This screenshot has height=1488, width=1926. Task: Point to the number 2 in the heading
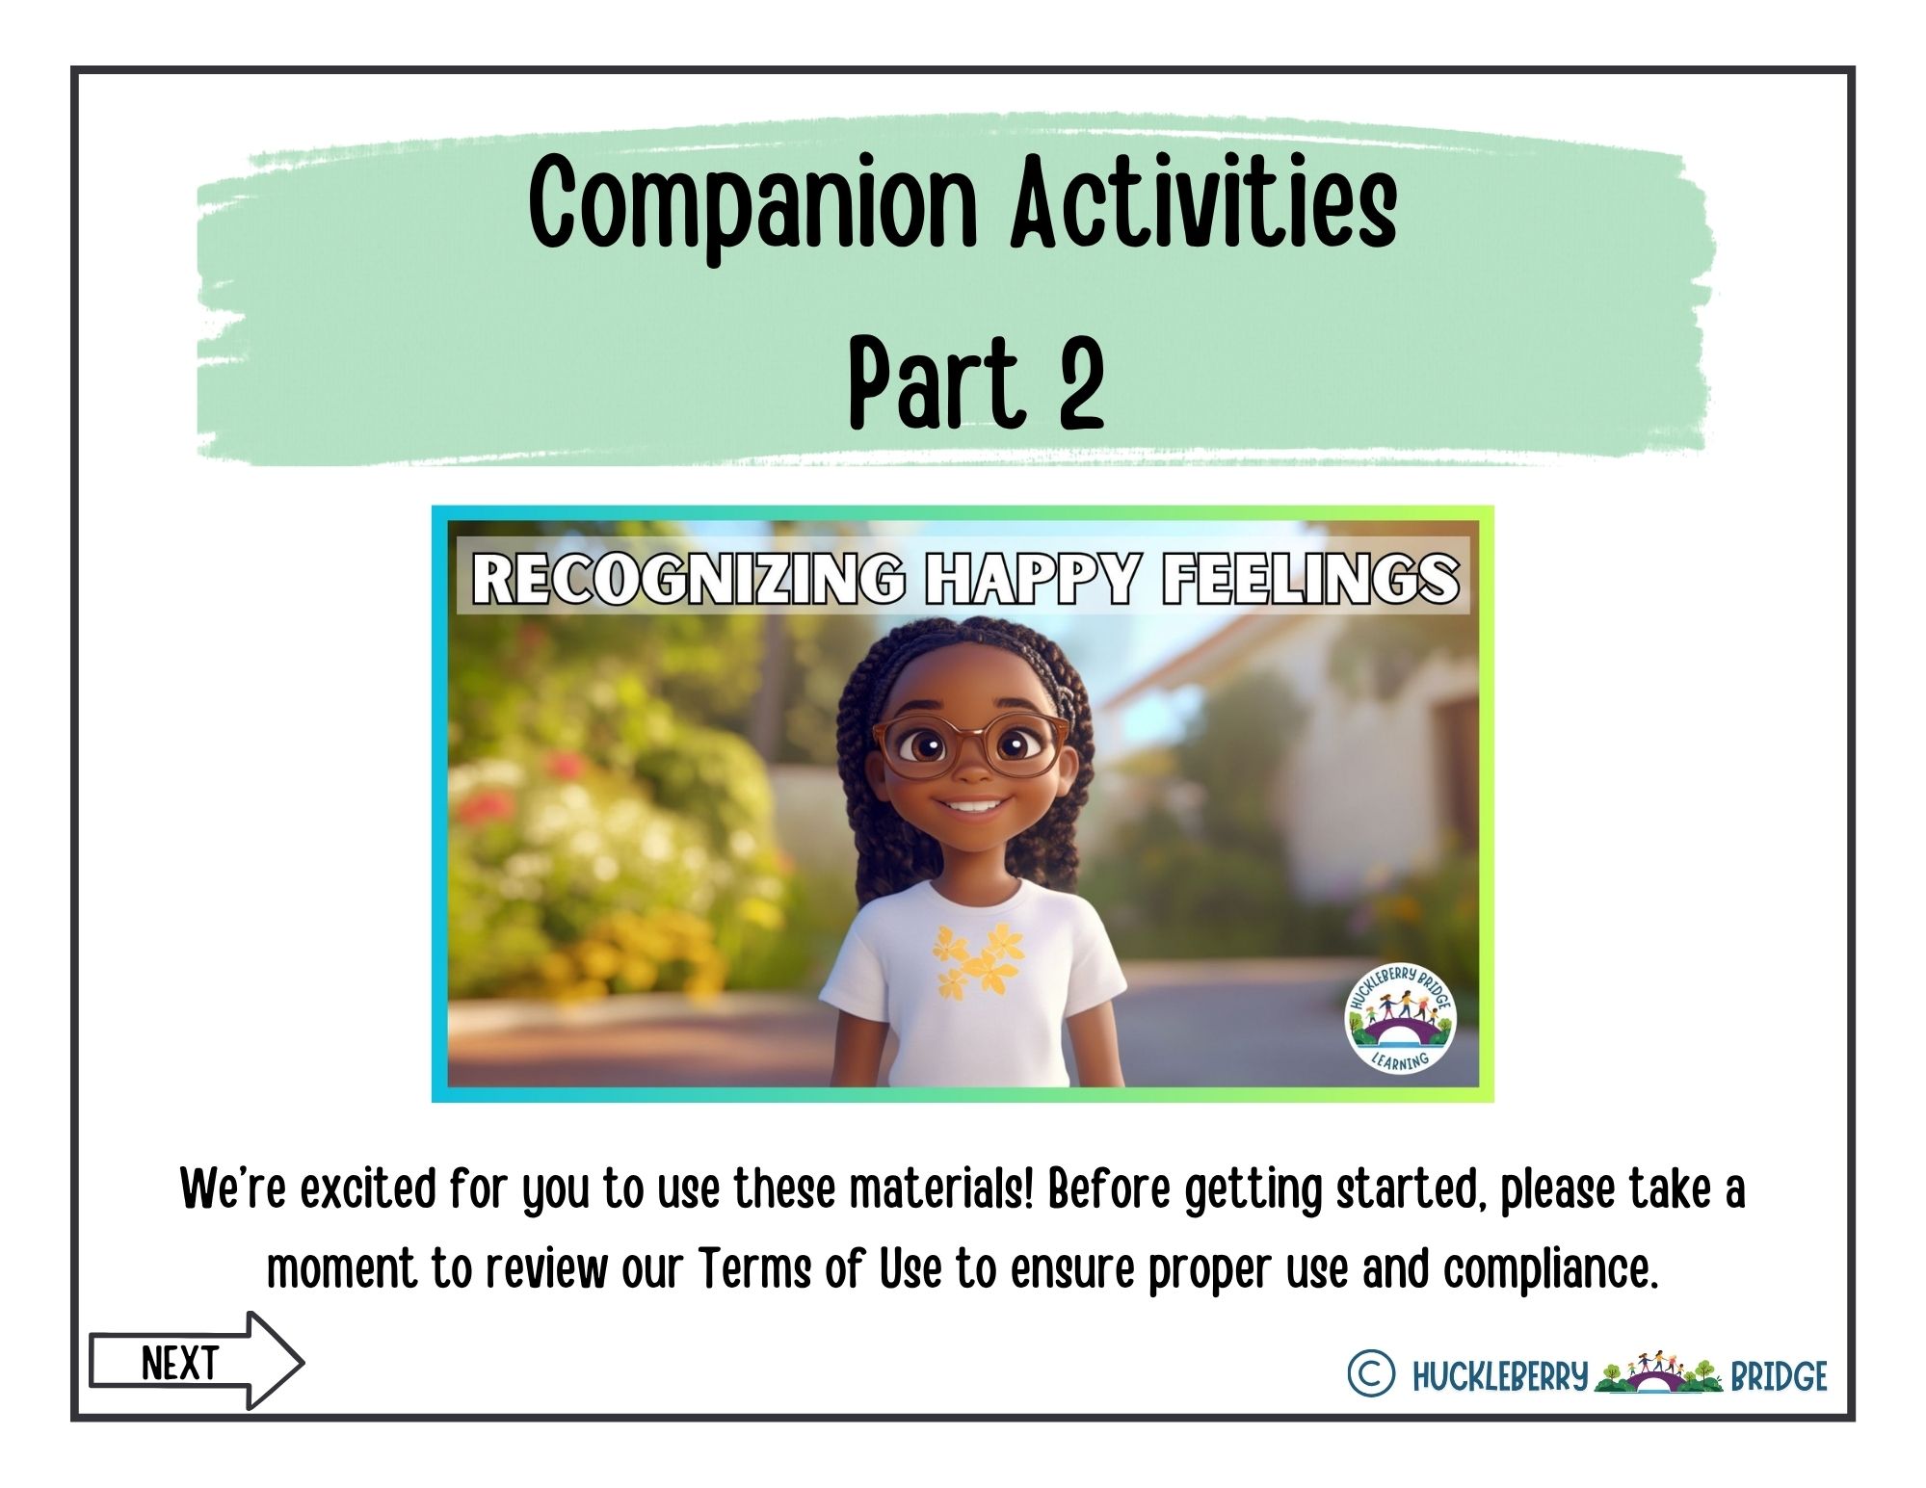1080,381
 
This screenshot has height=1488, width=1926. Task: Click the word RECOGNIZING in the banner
688,579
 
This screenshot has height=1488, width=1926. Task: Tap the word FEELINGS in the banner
1310,579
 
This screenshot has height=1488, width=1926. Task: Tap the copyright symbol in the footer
1370,1373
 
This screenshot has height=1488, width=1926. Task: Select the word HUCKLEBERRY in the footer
1499,1376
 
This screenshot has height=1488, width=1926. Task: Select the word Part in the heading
933,381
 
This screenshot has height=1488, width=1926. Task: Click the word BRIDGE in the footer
1779,1376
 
